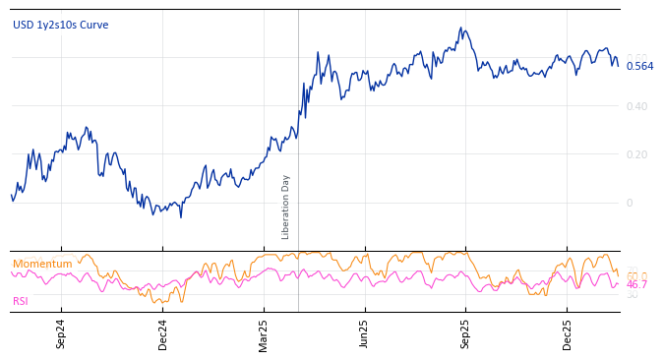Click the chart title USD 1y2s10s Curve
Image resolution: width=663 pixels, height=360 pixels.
tap(60, 25)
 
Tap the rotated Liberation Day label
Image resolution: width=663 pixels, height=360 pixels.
tap(286, 207)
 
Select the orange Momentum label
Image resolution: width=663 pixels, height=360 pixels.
tap(42, 264)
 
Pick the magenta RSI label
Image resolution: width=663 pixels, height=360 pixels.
tap(21, 301)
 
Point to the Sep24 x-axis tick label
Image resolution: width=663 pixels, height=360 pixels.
tap(61, 334)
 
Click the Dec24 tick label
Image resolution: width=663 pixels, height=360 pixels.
tap(162, 334)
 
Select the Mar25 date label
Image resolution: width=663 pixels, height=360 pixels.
tap(264, 334)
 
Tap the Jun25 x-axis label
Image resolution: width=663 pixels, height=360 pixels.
tap(364, 334)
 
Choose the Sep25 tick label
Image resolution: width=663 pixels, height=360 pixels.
tap(465, 334)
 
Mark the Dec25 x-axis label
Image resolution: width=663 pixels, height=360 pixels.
tap(567, 334)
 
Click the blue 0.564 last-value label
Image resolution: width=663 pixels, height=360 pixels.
tap(639, 66)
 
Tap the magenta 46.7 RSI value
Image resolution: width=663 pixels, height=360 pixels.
tap(636, 284)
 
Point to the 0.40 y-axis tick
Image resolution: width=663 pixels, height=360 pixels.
tap(637, 106)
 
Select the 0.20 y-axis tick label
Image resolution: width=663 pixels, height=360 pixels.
tap(637, 154)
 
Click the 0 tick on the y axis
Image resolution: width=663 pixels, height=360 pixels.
tap(630, 203)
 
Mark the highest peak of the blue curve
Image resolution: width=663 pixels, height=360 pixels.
tap(461, 29)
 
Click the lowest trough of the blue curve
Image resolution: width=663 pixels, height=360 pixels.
tap(180, 216)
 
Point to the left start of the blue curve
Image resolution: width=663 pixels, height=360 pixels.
tap(11, 195)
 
